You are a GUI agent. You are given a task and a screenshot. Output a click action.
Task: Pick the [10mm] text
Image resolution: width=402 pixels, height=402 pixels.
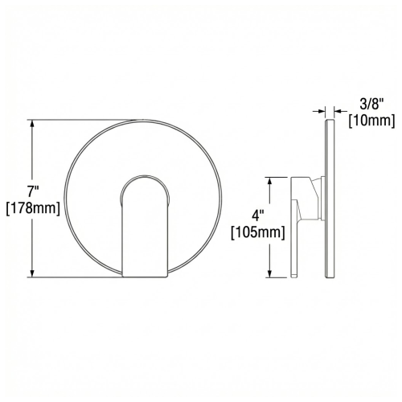[371, 121]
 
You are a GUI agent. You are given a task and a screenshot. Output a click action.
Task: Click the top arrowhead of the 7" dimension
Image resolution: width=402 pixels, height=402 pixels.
[32, 124]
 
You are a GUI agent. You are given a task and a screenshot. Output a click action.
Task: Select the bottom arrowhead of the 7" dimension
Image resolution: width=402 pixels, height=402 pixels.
[32, 273]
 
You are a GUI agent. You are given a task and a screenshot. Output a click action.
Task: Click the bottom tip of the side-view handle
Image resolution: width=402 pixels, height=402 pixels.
[296, 276]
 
